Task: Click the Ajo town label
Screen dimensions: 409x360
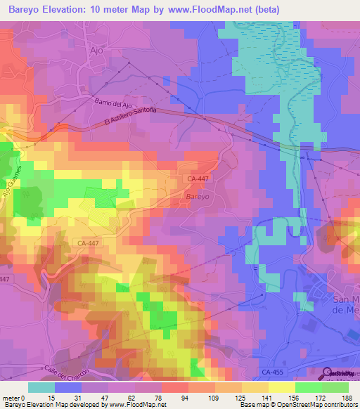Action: (97, 50)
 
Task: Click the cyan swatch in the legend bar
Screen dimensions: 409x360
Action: (41, 387)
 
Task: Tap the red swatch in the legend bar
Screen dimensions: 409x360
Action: (174, 387)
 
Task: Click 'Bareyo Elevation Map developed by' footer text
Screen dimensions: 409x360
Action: (54, 405)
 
